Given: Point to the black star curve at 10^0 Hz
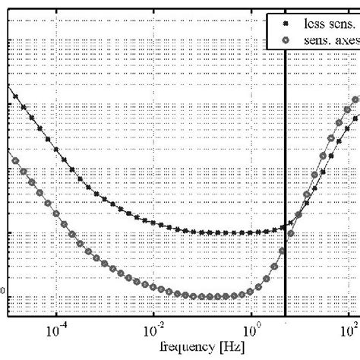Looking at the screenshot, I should point(251,232).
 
